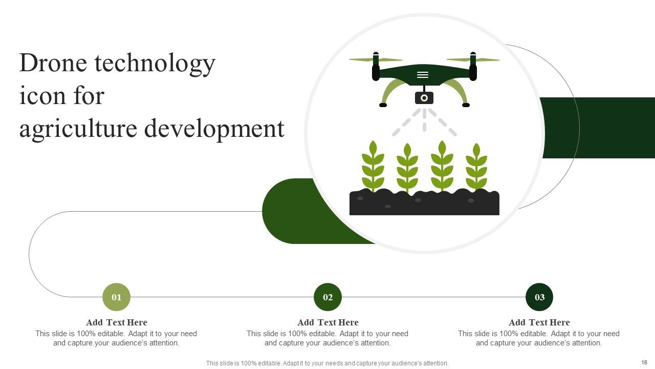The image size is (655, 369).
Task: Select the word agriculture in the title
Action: pos(78,129)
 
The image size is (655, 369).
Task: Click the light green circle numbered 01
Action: pos(116,297)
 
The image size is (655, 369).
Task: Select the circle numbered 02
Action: pos(327,297)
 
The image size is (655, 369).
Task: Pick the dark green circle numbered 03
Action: pos(539,297)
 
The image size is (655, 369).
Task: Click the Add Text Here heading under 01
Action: pos(116,322)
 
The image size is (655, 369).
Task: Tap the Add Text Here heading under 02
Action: pos(327,322)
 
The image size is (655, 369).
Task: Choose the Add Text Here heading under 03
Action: pos(539,322)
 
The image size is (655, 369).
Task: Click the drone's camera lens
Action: pos(424,98)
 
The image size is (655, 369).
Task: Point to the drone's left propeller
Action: pos(376,59)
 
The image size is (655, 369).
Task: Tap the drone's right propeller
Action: pos(473,59)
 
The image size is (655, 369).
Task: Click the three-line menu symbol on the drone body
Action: pos(423,75)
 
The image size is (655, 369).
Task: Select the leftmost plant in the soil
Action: pos(373,166)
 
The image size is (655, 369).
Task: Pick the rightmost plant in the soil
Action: pos(476,167)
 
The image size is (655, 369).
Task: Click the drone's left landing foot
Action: pos(383,105)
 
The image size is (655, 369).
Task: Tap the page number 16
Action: pos(644,362)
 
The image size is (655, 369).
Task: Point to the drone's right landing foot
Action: pos(466,105)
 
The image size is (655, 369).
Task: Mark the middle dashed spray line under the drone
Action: pos(424,120)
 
